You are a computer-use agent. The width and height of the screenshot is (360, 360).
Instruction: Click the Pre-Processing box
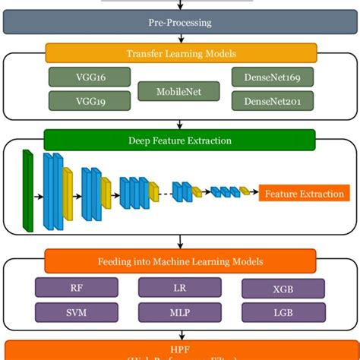click(180, 22)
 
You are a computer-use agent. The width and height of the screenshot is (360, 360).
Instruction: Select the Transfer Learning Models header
click(181, 53)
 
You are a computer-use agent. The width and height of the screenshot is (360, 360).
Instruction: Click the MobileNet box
click(178, 90)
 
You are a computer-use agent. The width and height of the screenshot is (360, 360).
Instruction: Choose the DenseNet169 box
click(271, 77)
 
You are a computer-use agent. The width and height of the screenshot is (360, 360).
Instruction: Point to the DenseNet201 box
click(271, 101)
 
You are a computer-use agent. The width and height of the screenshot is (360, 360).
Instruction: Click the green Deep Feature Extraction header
click(179, 141)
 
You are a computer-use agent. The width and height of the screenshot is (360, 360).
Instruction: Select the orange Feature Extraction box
click(304, 194)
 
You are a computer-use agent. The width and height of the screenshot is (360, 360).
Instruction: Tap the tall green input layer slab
click(28, 190)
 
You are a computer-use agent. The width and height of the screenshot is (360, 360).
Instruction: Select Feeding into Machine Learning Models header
click(180, 261)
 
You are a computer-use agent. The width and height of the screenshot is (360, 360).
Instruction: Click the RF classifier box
click(77, 288)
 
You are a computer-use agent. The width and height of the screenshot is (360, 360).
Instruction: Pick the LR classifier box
click(180, 288)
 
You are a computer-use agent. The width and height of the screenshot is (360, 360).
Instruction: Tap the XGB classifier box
click(283, 289)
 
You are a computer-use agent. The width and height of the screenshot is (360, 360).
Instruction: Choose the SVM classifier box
click(77, 312)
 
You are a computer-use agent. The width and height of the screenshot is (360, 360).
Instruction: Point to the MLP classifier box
click(180, 312)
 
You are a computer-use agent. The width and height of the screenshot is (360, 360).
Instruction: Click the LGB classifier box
click(283, 312)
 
